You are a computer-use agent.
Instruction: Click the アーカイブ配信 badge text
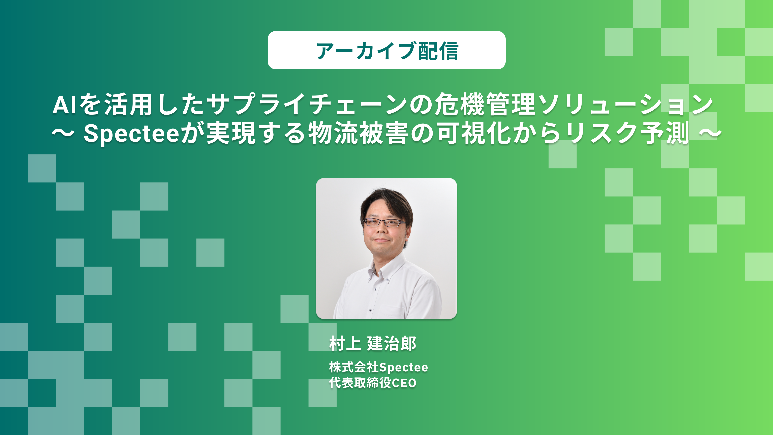click(x=387, y=51)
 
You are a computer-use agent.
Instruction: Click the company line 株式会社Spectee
click(x=378, y=367)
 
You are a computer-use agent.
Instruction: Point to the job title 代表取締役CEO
click(x=373, y=383)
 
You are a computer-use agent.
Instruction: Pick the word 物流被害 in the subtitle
click(x=359, y=133)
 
